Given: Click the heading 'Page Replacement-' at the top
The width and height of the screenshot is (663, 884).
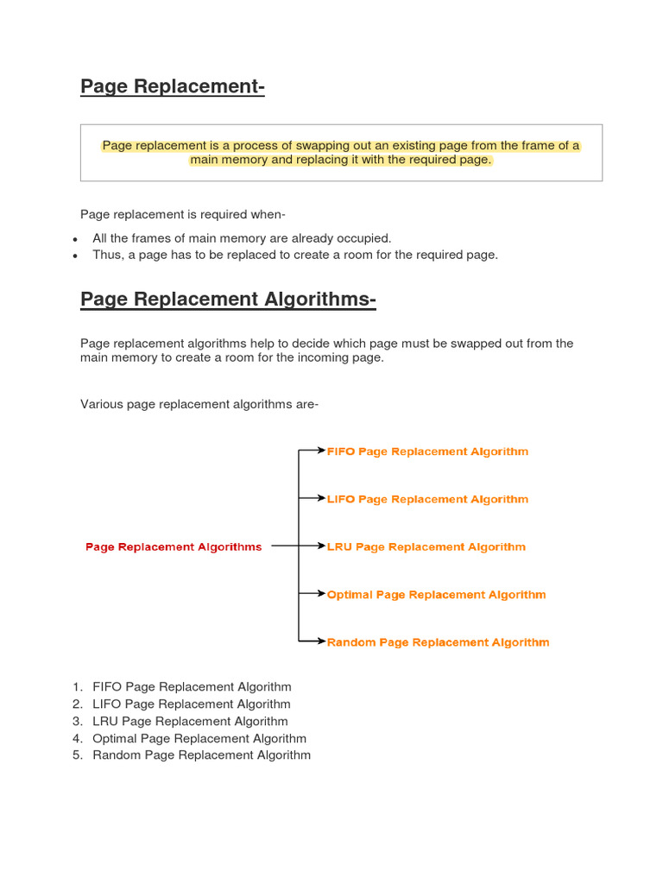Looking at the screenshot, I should [172, 86].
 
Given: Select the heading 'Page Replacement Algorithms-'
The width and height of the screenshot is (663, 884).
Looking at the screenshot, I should [228, 300].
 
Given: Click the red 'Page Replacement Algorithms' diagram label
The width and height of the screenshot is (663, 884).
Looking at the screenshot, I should [174, 546].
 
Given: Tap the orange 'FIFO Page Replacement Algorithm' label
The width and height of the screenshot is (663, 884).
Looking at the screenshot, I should [427, 451].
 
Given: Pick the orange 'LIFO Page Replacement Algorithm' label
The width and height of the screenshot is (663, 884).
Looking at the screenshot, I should [427, 499].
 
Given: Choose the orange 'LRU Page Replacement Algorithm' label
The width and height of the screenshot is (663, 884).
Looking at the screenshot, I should [426, 546].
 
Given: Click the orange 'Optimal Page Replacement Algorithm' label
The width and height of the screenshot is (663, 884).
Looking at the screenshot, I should [436, 595].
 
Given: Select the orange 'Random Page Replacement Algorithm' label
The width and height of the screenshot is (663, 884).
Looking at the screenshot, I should [438, 642].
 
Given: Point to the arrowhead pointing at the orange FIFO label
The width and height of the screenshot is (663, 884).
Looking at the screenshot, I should [321, 451].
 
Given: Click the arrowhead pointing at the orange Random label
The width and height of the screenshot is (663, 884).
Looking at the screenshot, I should [321, 641].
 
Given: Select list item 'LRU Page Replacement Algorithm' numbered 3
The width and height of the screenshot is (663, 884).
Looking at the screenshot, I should [190, 722].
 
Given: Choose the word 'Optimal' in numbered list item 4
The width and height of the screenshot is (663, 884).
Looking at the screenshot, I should [114, 739].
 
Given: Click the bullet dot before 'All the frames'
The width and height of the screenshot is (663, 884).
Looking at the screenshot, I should [75, 239].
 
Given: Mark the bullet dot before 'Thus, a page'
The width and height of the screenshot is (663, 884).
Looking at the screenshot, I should [75, 256].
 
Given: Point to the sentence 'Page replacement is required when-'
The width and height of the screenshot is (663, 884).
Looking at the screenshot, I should [182, 214].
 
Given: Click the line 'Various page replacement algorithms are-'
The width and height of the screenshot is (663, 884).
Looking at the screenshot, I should [199, 404].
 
